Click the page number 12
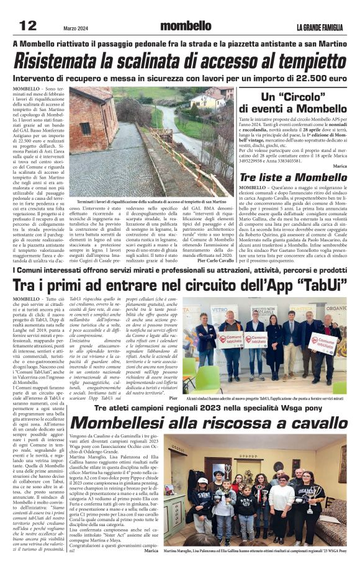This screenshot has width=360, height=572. pyautogui.click(x=29, y=25)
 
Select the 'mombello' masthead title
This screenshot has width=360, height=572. pyautogui.click(x=186, y=26)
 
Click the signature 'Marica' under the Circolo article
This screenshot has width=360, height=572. pyautogui.click(x=340, y=166)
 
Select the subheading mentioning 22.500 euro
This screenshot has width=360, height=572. pyautogui.click(x=179, y=79)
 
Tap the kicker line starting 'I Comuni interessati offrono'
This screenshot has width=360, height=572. pyautogui.click(x=179, y=270)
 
